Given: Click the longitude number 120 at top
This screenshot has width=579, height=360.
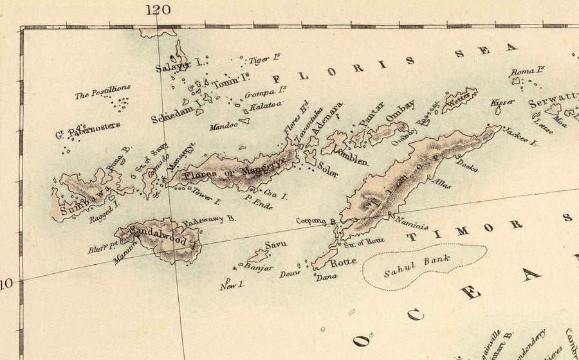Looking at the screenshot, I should click(158, 9).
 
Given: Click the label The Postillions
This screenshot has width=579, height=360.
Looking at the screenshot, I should click(103, 92).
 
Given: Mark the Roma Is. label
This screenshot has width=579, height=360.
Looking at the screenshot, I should click(528, 71).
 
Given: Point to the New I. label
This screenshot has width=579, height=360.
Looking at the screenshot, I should click(229, 287).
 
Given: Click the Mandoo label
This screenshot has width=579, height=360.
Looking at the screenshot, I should click(223, 126).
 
